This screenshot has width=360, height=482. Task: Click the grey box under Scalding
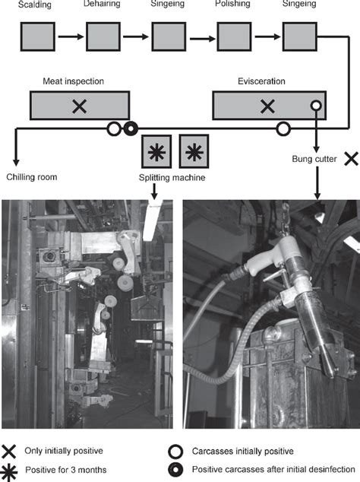pyautogui.click(x=38, y=36)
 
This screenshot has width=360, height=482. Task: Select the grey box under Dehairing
pyautogui.click(x=103, y=36)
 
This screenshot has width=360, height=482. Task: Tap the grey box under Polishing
pyautogui.click(x=234, y=36)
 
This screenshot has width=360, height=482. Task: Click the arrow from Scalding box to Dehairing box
pyautogui.click(x=71, y=36)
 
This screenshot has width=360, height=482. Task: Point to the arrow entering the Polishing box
pyautogui.click(x=203, y=39)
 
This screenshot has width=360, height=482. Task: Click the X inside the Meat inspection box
pyautogui.click(x=80, y=106)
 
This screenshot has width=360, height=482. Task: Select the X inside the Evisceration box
pyautogui.click(x=267, y=106)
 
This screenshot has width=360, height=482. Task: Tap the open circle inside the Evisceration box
pyautogui.click(x=316, y=106)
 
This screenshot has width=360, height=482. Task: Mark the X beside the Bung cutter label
pyautogui.click(x=351, y=159)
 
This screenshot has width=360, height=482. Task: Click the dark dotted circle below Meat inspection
pyautogui.click(x=131, y=129)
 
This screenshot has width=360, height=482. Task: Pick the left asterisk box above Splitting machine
pyautogui.click(x=156, y=151)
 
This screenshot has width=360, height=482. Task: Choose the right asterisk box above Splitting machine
pyautogui.click(x=194, y=151)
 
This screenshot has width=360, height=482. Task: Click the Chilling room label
pyautogui.click(x=32, y=177)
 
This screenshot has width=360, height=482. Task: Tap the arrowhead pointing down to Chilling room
pyautogui.click(x=16, y=162)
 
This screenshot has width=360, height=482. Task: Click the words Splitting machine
pyautogui.click(x=172, y=178)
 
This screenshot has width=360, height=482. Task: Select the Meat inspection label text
pyautogui.click(x=73, y=81)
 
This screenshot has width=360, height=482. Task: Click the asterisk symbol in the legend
pyautogui.click(x=9, y=471)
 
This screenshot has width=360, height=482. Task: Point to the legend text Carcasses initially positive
pyautogui.click(x=243, y=452)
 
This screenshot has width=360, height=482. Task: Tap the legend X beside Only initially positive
pyautogui.click(x=8, y=452)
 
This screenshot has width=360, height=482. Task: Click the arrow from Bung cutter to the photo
pyautogui.click(x=317, y=183)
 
